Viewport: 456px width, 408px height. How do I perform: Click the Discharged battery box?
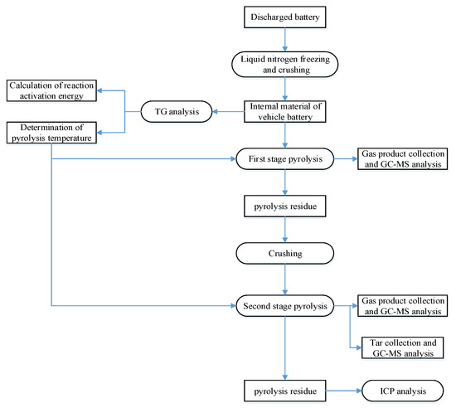point(284,17)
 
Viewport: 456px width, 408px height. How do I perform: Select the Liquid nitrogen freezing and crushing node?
point(284,65)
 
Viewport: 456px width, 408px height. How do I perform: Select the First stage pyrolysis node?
point(284,158)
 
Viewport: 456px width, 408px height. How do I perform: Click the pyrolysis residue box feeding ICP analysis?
point(284,387)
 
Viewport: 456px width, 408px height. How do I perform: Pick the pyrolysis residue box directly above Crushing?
point(284,204)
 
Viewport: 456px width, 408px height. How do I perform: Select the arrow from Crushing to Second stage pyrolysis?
point(284,280)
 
